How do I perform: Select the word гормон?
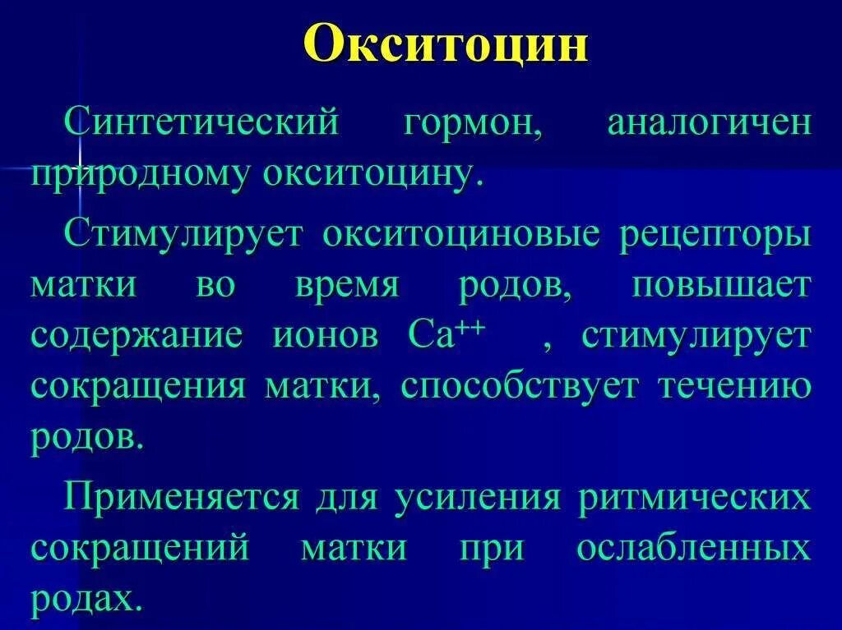click(x=472, y=124)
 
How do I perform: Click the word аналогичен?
click(x=708, y=124)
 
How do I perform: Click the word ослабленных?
click(x=693, y=549)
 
